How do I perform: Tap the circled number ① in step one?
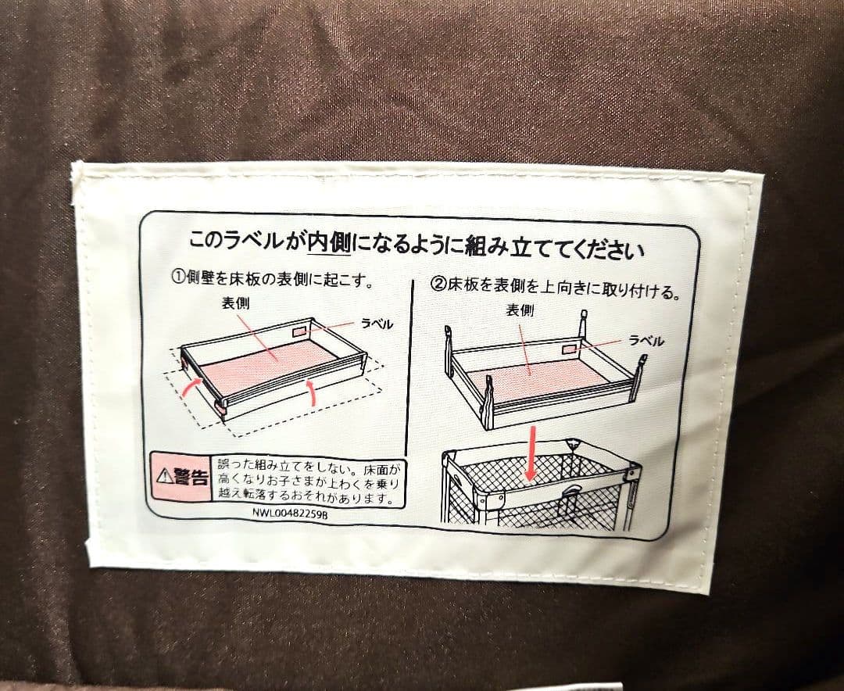point(178,279)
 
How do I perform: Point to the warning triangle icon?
point(163,475)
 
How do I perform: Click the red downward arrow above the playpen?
point(531,453)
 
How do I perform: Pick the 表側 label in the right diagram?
point(520,310)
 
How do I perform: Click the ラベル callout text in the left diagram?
point(377,324)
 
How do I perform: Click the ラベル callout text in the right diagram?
point(646,340)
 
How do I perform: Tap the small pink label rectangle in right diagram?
point(570,350)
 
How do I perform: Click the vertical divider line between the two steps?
point(409,367)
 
